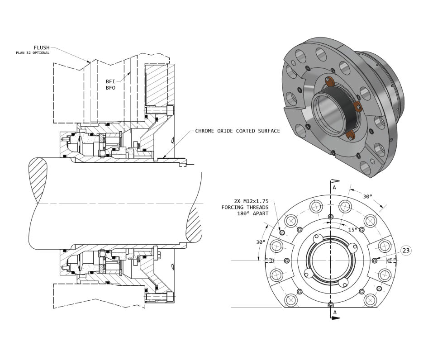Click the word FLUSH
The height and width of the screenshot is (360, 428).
(x=41, y=47)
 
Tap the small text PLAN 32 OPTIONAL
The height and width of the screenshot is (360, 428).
(x=33, y=53)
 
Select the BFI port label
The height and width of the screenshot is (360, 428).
(x=110, y=81)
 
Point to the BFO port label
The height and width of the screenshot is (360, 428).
(x=110, y=88)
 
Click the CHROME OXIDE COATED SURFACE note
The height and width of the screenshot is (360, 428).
(x=237, y=131)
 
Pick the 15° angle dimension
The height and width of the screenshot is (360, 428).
(x=352, y=229)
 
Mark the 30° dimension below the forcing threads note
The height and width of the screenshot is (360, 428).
(x=261, y=242)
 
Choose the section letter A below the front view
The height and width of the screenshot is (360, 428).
(x=335, y=312)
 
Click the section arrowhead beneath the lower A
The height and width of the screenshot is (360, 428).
(x=336, y=319)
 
